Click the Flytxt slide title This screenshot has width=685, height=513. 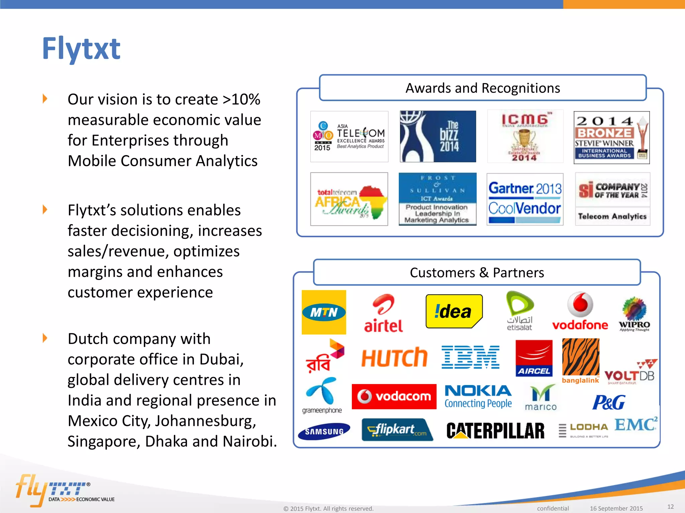tap(81, 49)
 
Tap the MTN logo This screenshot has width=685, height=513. tap(324, 312)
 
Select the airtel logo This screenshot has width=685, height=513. tap(384, 314)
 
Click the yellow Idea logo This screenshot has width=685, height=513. tap(454, 311)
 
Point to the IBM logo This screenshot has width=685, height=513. tap(470, 357)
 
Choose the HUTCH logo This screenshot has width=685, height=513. tap(394, 358)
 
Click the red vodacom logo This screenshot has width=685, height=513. tap(394, 396)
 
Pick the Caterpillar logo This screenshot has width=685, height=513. tap(495, 431)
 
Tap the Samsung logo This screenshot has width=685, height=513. tap(324, 431)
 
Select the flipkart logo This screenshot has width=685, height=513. tap(397, 430)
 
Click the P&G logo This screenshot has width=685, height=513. tap(609, 402)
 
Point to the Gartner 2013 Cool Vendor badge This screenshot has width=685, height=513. tap(525, 199)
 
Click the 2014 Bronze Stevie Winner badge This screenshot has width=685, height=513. tap(611, 138)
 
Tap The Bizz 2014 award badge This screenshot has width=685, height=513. tap(438, 137)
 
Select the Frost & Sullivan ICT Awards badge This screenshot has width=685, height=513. tap(437, 199)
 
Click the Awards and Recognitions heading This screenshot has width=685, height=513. tap(483, 88)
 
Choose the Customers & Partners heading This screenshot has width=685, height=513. tap(477, 273)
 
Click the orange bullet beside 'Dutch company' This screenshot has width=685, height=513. tap(45, 338)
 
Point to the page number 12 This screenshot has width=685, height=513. tap(670, 507)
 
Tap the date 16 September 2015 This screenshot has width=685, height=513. tap(616, 508)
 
